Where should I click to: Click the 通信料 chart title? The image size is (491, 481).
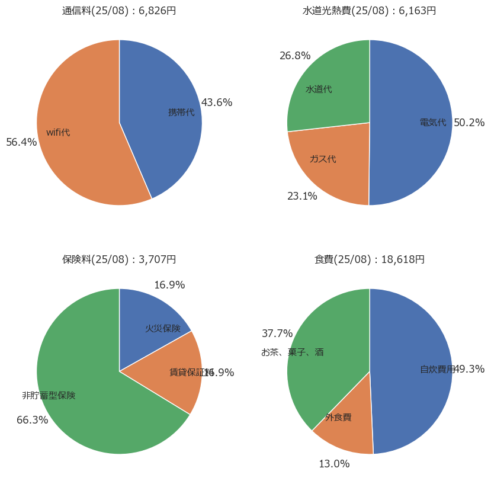[119, 11]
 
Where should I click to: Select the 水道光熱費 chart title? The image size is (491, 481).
[370, 11]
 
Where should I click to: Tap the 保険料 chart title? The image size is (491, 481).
[119, 259]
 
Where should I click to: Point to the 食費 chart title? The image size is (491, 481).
[370, 259]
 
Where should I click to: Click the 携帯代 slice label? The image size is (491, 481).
[181, 112]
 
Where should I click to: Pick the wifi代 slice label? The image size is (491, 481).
[58, 132]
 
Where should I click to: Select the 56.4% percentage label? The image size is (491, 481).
[21, 142]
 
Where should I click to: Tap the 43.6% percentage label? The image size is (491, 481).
[217, 102]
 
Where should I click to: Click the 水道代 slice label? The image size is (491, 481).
[319, 89]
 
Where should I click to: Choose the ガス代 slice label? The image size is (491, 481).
[323, 159]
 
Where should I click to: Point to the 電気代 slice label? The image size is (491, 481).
[433, 123]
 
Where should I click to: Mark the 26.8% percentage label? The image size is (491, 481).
[295, 56]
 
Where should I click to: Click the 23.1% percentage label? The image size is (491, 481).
[302, 196]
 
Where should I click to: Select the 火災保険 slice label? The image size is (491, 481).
[163, 328]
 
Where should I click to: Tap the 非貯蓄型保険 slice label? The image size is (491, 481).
[49, 395]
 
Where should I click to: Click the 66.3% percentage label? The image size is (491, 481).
[32, 420]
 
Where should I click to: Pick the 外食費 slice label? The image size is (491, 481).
[338, 417]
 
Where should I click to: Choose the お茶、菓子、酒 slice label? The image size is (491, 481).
[293, 352]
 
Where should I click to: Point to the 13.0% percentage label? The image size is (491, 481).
[334, 464]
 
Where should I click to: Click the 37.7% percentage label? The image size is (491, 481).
[277, 334]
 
